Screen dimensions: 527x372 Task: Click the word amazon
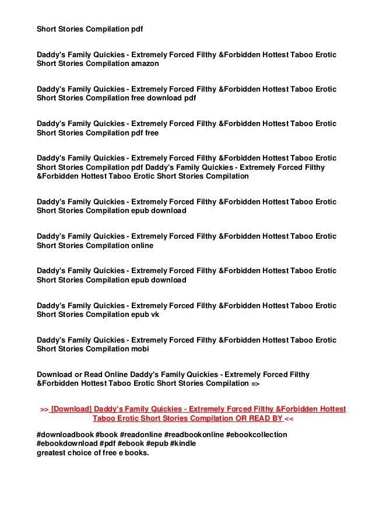[x=144, y=64]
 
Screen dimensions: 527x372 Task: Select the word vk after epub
[x=154, y=315]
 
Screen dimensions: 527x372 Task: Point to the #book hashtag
[x=106, y=435]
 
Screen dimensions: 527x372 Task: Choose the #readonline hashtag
[x=141, y=435]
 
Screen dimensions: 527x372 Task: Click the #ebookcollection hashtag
[x=257, y=435]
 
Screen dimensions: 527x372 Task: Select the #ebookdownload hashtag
[x=66, y=444]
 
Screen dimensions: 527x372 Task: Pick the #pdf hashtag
[x=107, y=444]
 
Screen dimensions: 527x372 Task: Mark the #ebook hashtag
[x=131, y=444]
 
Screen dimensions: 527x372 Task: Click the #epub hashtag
[x=157, y=444]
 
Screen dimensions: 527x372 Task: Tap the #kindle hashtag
[x=183, y=444]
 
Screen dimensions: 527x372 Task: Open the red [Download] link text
[x=71, y=409]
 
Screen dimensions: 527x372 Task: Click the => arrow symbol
[x=255, y=383]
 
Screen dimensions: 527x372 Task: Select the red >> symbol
[x=44, y=409]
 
